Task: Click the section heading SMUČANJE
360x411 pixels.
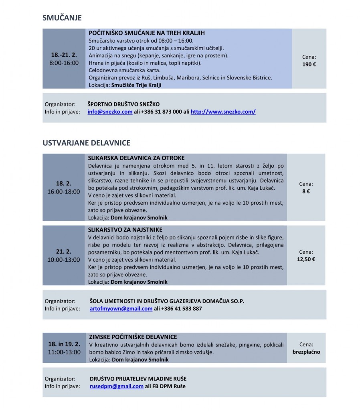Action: [62, 18]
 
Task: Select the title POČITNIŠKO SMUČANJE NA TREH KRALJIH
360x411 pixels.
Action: [147, 33]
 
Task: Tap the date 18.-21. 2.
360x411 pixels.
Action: [64, 55]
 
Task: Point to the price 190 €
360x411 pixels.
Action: [309, 64]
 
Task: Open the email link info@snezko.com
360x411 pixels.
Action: [110, 112]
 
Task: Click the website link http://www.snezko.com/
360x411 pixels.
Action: [223, 112]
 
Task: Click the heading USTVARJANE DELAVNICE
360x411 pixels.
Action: [86, 143]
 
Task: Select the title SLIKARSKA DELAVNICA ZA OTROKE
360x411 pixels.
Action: [136, 158]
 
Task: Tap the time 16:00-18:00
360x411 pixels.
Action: [63, 192]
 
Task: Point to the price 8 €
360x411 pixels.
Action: [306, 191]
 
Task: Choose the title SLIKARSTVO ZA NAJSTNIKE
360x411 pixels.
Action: [125, 230]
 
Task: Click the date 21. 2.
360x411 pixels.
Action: [63, 252]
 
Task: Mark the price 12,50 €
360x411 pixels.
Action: [306, 259]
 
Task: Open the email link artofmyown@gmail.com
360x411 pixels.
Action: [121, 309]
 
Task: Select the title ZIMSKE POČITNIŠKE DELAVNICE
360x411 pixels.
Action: [133, 337]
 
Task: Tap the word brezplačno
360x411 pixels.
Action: [306, 352]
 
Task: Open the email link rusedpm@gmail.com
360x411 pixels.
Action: [116, 386]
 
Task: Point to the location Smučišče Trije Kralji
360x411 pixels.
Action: [136, 85]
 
